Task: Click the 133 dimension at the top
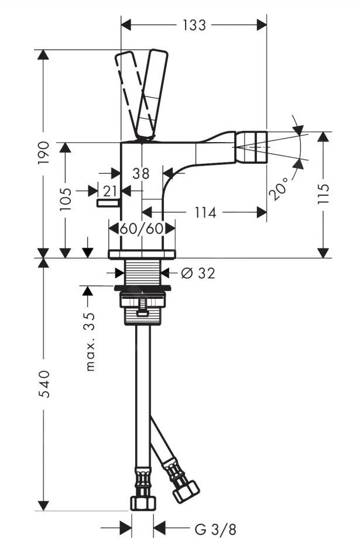[x=194, y=25]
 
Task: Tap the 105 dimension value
[x=66, y=199]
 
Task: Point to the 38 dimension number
[x=141, y=173]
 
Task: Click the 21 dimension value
[x=110, y=190]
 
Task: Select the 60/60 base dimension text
[x=142, y=229]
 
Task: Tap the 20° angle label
[x=282, y=187]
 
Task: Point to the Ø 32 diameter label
[x=197, y=273]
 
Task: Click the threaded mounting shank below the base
[x=142, y=273]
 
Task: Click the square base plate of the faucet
[x=142, y=254]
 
